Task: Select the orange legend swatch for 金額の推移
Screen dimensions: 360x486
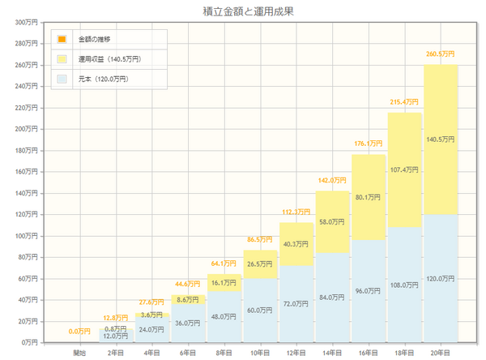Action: [x=62, y=39]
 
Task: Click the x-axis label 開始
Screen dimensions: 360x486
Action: [x=79, y=354]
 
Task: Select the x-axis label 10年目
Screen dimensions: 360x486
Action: [x=260, y=354]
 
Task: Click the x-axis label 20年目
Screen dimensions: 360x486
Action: [x=441, y=354]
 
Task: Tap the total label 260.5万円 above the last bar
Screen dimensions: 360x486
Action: [x=441, y=54]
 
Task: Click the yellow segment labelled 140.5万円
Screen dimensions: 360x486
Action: [x=441, y=139]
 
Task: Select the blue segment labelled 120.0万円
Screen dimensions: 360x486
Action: [x=441, y=278]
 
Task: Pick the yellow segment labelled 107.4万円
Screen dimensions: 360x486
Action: [x=404, y=169]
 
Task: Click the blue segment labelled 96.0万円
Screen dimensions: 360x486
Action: [x=369, y=291]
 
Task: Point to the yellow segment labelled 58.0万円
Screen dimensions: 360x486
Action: [x=332, y=221]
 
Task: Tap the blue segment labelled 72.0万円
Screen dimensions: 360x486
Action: [x=296, y=304]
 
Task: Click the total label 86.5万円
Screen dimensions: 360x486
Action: [x=260, y=240]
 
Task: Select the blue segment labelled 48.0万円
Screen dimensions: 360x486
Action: [x=224, y=317]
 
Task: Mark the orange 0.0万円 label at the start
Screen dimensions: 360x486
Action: [x=79, y=331]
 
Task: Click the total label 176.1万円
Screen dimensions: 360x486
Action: [x=369, y=144]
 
